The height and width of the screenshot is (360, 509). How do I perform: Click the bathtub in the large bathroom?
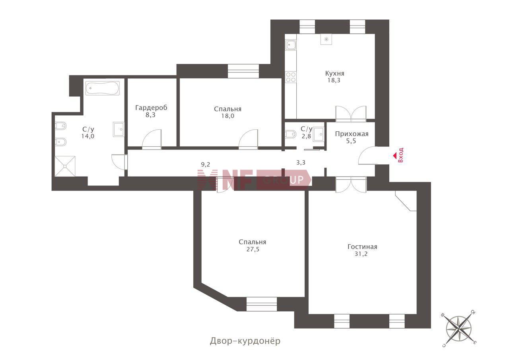pos(103,88)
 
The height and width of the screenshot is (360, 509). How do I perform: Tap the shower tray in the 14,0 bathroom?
pos(65,166)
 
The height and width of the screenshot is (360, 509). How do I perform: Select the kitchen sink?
pos(291,45)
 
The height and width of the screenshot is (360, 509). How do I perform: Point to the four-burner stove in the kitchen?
pos(291,77)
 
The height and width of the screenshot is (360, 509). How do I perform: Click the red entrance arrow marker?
pos(395,156)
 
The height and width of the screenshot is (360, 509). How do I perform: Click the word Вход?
pos(401,155)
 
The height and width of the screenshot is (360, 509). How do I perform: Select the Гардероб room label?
pos(151,107)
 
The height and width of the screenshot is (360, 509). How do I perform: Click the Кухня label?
pos(335,74)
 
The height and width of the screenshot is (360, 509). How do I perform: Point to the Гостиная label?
pos(362,247)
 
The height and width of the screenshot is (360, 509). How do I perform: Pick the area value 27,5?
pos(253,249)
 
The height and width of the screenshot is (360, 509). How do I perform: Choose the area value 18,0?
pos(228,116)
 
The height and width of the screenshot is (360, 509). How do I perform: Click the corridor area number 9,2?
pos(206,164)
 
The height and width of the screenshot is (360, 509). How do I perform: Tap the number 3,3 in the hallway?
pos(301,163)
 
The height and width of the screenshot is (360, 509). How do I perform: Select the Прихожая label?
pos(352,134)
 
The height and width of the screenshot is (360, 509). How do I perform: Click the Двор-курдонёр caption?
pos(245,341)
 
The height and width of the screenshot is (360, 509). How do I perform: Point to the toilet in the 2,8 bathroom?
pos(291,134)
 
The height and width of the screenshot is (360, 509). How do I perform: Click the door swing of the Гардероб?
pos(152,139)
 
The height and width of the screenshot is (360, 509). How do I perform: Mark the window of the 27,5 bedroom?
pos(262,304)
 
